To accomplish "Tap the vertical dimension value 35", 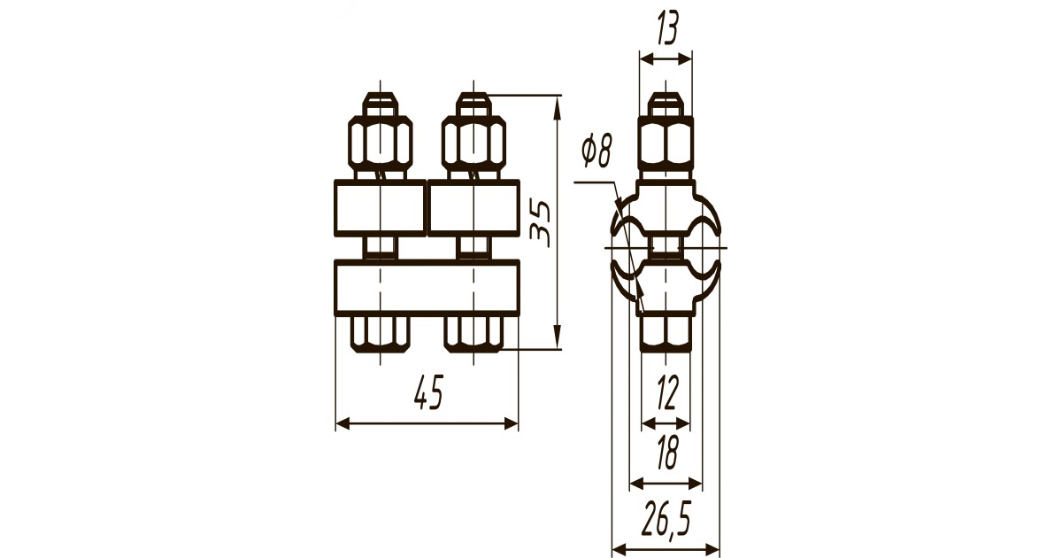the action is tap(540, 224).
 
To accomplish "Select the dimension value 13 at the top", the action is tap(667, 27).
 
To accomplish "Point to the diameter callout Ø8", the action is tap(597, 151).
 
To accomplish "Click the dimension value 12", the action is tap(666, 392).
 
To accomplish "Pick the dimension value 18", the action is tap(667, 453).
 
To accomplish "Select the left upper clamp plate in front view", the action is tap(381, 207).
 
